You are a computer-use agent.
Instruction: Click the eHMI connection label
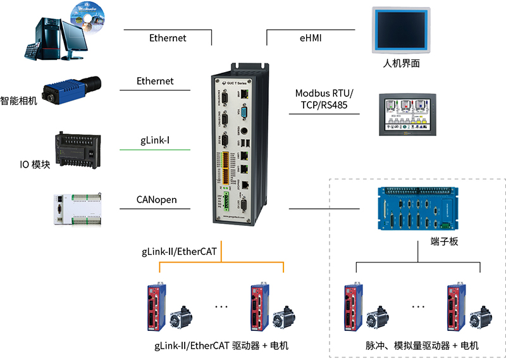(311, 38)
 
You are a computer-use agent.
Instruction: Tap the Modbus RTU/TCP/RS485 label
(324, 99)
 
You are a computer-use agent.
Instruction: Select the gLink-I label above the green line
(155, 140)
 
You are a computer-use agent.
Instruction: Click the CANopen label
(156, 201)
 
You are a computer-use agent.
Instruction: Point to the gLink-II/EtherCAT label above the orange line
(179, 252)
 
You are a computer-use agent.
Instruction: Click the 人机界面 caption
(402, 64)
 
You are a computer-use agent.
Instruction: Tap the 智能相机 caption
(18, 100)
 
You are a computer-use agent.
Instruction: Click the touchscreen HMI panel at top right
(402, 30)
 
